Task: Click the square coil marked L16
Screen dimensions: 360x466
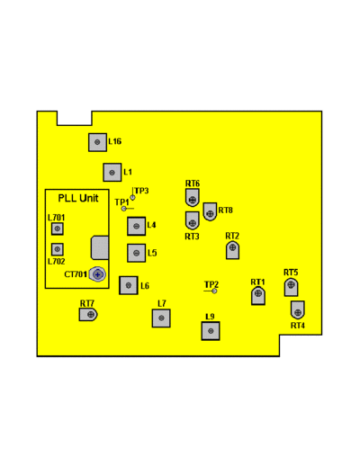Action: tap(97, 142)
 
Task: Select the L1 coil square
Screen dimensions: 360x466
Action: tap(112, 173)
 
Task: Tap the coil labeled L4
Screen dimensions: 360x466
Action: tap(136, 226)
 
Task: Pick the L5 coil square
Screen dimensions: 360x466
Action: tap(136, 253)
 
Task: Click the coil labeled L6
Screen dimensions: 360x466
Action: tap(129, 285)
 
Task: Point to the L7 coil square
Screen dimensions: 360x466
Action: tap(161, 318)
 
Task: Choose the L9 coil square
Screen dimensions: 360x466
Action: tap(211, 331)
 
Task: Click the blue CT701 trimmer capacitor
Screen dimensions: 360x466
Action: tap(98, 274)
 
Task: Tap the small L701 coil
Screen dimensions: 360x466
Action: tap(57, 229)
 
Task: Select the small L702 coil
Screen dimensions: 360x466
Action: tap(57, 249)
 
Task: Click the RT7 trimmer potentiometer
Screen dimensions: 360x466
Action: tap(88, 315)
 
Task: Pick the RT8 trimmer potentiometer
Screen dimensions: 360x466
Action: tap(210, 211)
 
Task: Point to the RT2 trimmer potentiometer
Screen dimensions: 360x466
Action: tap(232, 250)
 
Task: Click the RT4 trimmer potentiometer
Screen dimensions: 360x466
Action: tap(298, 310)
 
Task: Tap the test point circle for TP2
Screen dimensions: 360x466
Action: tap(214, 291)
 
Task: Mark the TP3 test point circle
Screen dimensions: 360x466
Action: tap(132, 198)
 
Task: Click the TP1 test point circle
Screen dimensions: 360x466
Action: tap(123, 209)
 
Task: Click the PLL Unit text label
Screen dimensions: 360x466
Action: tap(78, 198)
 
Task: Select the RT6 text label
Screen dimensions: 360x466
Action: tap(193, 184)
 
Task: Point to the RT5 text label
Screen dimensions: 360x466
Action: tap(291, 273)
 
